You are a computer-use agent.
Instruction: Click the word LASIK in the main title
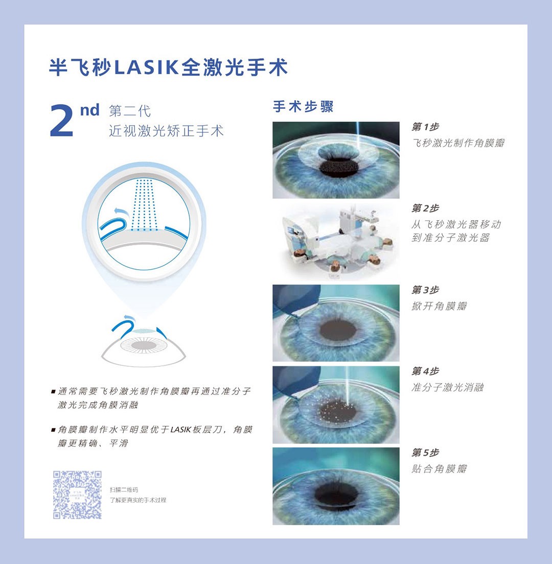pos(147,67)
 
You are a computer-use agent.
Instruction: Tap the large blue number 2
pos(62,121)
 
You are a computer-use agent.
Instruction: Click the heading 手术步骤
pos(303,106)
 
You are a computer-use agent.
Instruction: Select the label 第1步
pos(425,127)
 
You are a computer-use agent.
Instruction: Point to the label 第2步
pos(425,208)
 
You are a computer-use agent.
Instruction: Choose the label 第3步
pos(425,290)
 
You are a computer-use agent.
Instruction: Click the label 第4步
pos(425,371)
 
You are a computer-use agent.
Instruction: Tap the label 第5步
pos(425,453)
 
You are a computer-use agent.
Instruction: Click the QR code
pos(77,495)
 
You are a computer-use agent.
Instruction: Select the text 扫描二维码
pos(124,490)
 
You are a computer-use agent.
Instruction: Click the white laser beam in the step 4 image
pos(347,385)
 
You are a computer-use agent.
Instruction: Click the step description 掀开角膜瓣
pos(440,306)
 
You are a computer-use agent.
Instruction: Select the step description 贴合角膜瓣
pos(440,468)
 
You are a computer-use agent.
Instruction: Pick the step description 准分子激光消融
pos(448,387)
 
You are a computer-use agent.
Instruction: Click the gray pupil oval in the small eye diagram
pos(144,346)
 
